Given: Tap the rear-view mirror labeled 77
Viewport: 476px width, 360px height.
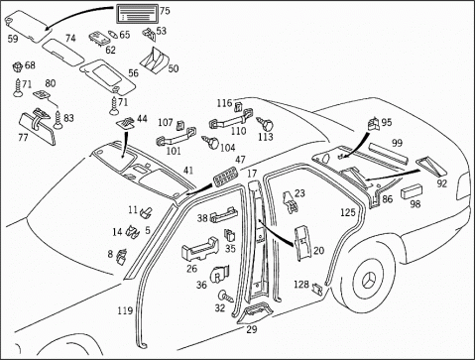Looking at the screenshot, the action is [38, 127].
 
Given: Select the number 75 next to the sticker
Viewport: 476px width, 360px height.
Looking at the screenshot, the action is [165, 11].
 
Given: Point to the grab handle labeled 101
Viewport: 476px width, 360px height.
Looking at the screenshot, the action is [176, 137].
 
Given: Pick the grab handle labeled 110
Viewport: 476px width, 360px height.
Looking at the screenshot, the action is [230, 119].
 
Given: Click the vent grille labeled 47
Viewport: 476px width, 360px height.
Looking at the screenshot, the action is [225, 178].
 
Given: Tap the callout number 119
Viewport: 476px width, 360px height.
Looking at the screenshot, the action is [125, 310].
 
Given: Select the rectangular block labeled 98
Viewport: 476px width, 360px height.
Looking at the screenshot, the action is [412, 192].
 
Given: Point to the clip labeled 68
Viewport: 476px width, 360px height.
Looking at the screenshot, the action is [17, 67].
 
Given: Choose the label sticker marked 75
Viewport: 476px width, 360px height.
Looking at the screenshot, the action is [137, 15].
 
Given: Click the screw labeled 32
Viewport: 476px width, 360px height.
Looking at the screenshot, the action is [225, 296].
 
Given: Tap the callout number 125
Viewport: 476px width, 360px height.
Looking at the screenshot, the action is [348, 212].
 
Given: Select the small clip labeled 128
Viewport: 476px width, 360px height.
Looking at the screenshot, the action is [317, 290].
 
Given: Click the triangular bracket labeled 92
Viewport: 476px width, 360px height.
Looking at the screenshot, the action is [431, 167].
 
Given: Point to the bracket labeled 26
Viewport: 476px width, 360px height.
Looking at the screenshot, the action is [200, 250].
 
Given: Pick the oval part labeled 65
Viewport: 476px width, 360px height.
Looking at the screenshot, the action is [113, 34].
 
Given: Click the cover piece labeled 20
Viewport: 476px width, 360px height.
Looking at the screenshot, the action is [302, 243].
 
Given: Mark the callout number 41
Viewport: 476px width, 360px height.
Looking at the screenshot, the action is [188, 171].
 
